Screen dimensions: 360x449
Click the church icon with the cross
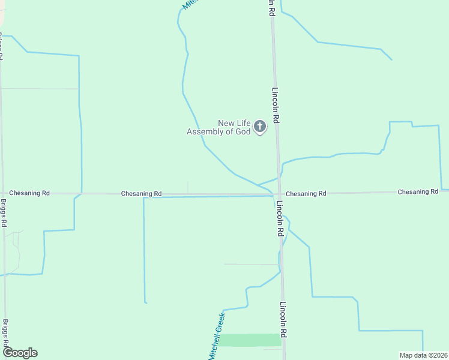(x=259, y=126)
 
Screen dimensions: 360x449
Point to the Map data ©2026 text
(x=424, y=355)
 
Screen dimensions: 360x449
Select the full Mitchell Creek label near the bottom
(x=217, y=337)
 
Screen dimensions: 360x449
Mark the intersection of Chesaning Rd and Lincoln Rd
(x=279, y=194)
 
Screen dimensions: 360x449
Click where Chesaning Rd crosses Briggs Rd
(x=3, y=193)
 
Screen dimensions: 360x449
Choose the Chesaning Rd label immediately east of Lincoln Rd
(x=306, y=194)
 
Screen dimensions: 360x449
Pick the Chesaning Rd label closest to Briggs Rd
(x=29, y=193)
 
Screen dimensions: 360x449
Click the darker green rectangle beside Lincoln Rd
(x=249, y=340)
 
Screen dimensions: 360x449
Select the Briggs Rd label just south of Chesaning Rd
(x=4, y=213)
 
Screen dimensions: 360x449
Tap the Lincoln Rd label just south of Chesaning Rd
(x=280, y=218)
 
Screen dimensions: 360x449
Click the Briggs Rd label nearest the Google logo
(x=5, y=332)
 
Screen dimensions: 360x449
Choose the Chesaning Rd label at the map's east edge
(x=418, y=192)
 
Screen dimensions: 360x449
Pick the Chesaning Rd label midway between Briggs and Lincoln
(x=141, y=194)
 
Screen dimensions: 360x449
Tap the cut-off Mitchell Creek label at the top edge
(x=190, y=4)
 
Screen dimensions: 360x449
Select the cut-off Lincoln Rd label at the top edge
(x=272, y=7)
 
